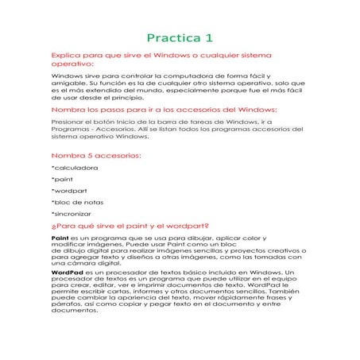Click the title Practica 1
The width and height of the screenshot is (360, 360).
click(x=180, y=37)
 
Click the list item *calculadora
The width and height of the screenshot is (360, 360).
click(x=75, y=168)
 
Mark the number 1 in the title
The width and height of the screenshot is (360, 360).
click(x=209, y=37)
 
